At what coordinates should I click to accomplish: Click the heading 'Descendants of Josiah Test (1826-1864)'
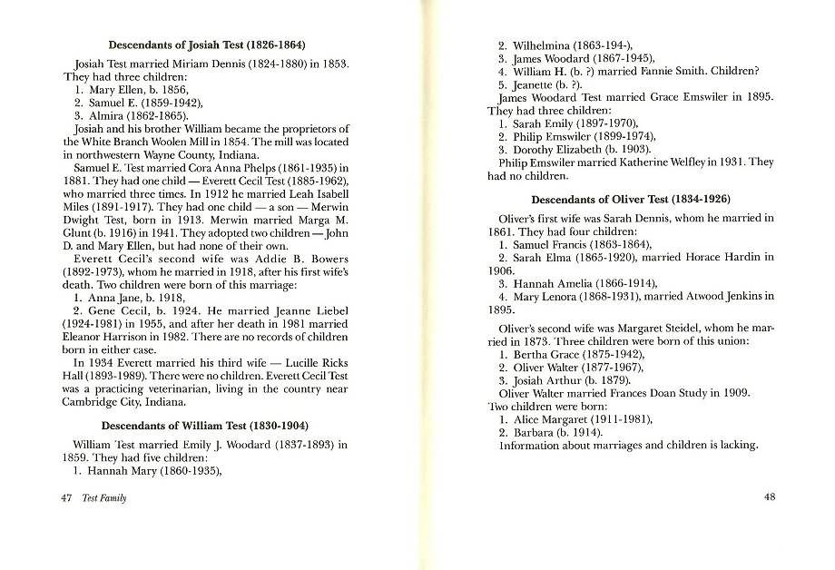pos(206,44)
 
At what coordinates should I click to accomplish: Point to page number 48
pos(770,498)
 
